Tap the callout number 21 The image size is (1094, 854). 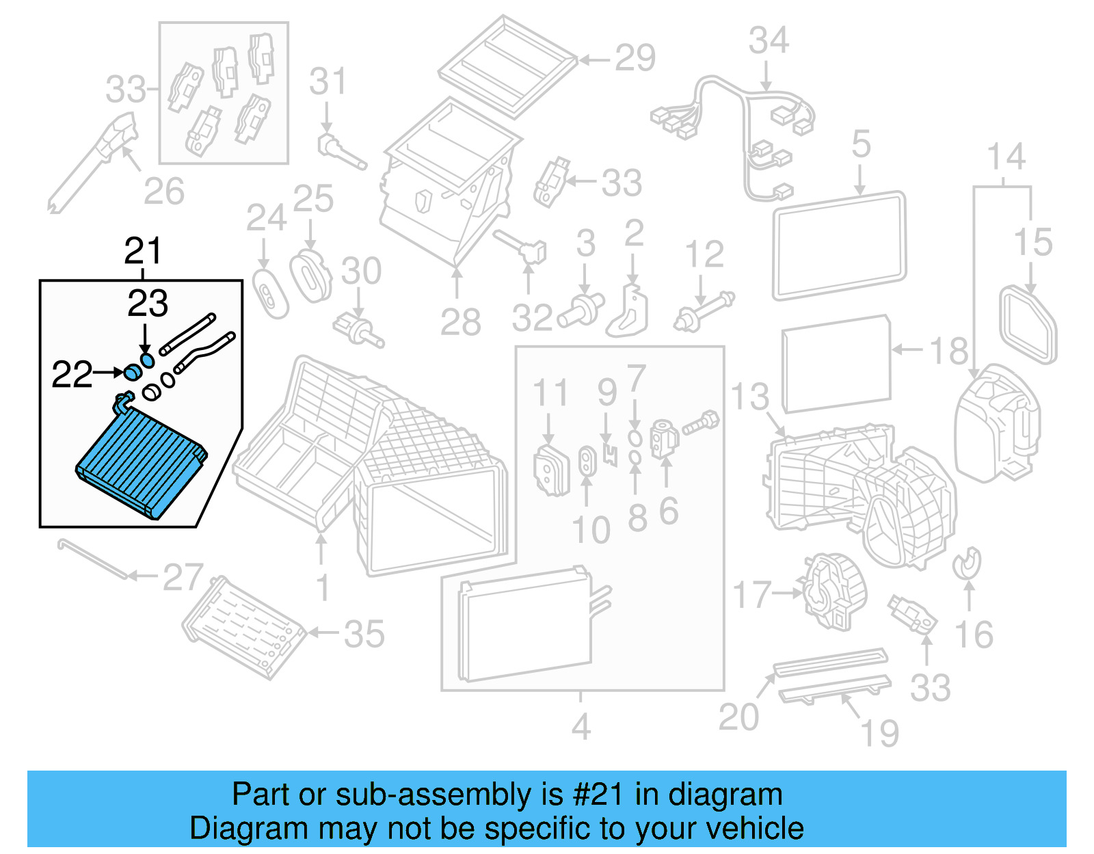coord(143,251)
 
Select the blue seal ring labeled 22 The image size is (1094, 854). coord(132,373)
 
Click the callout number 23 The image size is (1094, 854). coord(148,304)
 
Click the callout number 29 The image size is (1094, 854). coord(635,58)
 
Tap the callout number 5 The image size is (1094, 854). coord(862,145)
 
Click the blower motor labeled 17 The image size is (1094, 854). coord(834,591)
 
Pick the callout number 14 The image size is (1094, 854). coord(1006,157)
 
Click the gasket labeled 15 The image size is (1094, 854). coord(1027,325)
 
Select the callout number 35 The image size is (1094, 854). coord(364,635)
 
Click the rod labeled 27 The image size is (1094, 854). coord(92,558)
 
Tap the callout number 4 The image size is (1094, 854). coord(581,727)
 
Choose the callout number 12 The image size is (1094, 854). coord(704,255)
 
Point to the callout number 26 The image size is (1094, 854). coord(164,192)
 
